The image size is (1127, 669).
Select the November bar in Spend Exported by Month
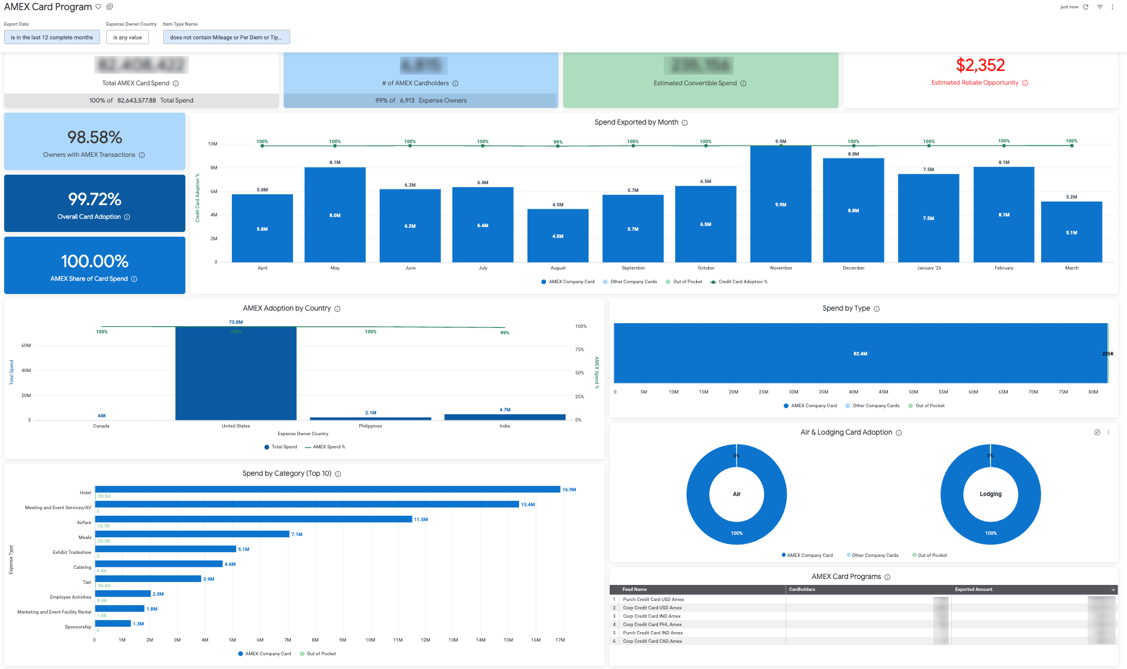pos(781,204)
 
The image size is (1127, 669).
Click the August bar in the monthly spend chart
pos(558,236)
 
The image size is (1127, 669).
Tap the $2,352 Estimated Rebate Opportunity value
pos(980,65)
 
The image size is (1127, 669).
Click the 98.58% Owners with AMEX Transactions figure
pos(95,137)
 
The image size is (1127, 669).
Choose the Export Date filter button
pos(52,37)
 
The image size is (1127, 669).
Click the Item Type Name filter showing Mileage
pos(226,37)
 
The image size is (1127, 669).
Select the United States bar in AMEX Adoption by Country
pos(236,373)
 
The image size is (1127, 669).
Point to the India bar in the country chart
pos(505,417)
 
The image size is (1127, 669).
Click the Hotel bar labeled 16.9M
pos(327,489)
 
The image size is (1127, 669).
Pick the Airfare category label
pos(84,522)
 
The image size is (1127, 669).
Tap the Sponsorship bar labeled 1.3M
pos(113,624)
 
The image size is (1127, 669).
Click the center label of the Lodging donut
pos(991,494)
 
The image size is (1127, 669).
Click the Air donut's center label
pos(737,494)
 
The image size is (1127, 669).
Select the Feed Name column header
pos(635,589)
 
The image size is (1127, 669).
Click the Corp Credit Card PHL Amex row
pos(653,624)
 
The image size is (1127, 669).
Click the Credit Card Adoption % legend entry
pos(742,281)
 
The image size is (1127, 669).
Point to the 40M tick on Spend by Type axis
pos(853,392)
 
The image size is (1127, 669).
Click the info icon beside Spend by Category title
pos(338,474)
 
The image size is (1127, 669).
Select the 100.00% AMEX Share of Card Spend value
pos(95,261)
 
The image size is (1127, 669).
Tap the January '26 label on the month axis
pos(929,268)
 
